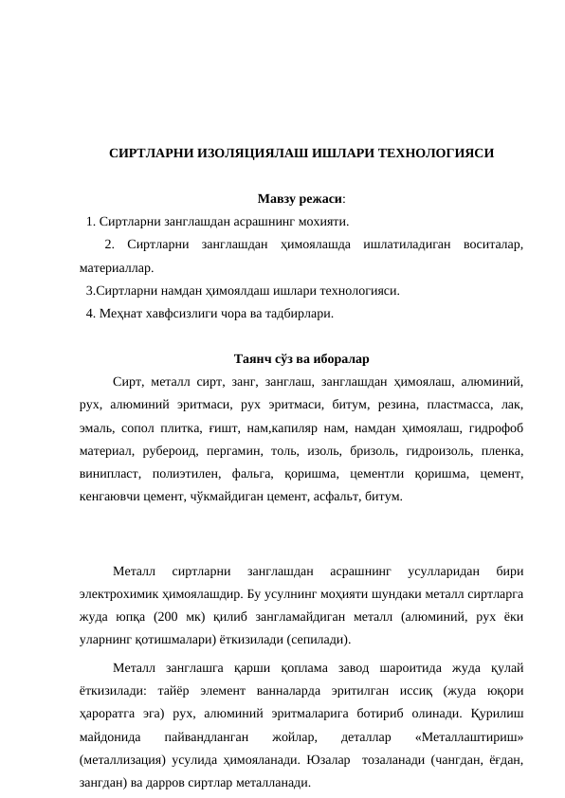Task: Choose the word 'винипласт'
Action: click(108, 474)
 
